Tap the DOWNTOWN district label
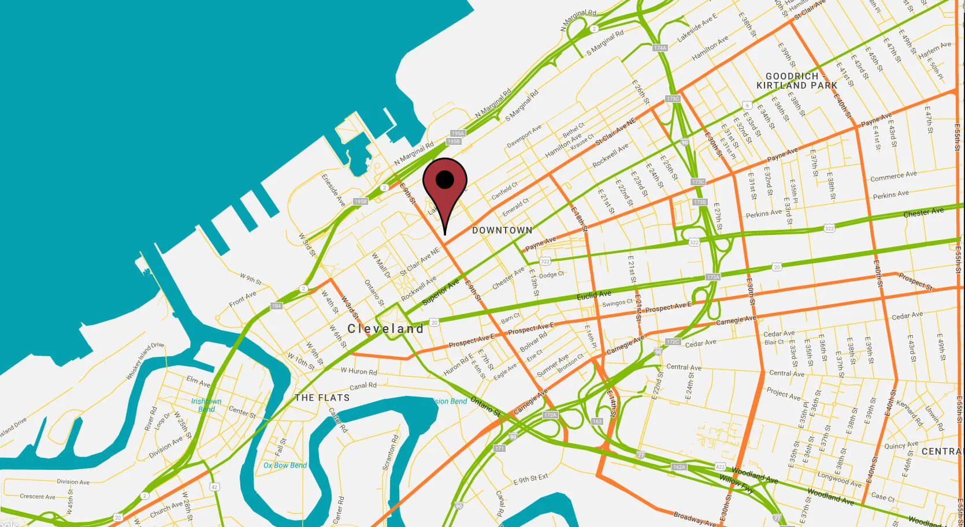502,230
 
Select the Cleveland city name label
385,328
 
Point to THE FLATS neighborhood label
322,398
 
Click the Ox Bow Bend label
285,465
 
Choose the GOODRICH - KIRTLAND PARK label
796,81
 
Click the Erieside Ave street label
333,190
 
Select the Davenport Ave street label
524,136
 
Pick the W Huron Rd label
358,371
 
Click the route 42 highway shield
214,487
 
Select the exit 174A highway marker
659,48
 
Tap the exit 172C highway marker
673,342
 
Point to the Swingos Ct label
618,303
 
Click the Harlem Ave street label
934,48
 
